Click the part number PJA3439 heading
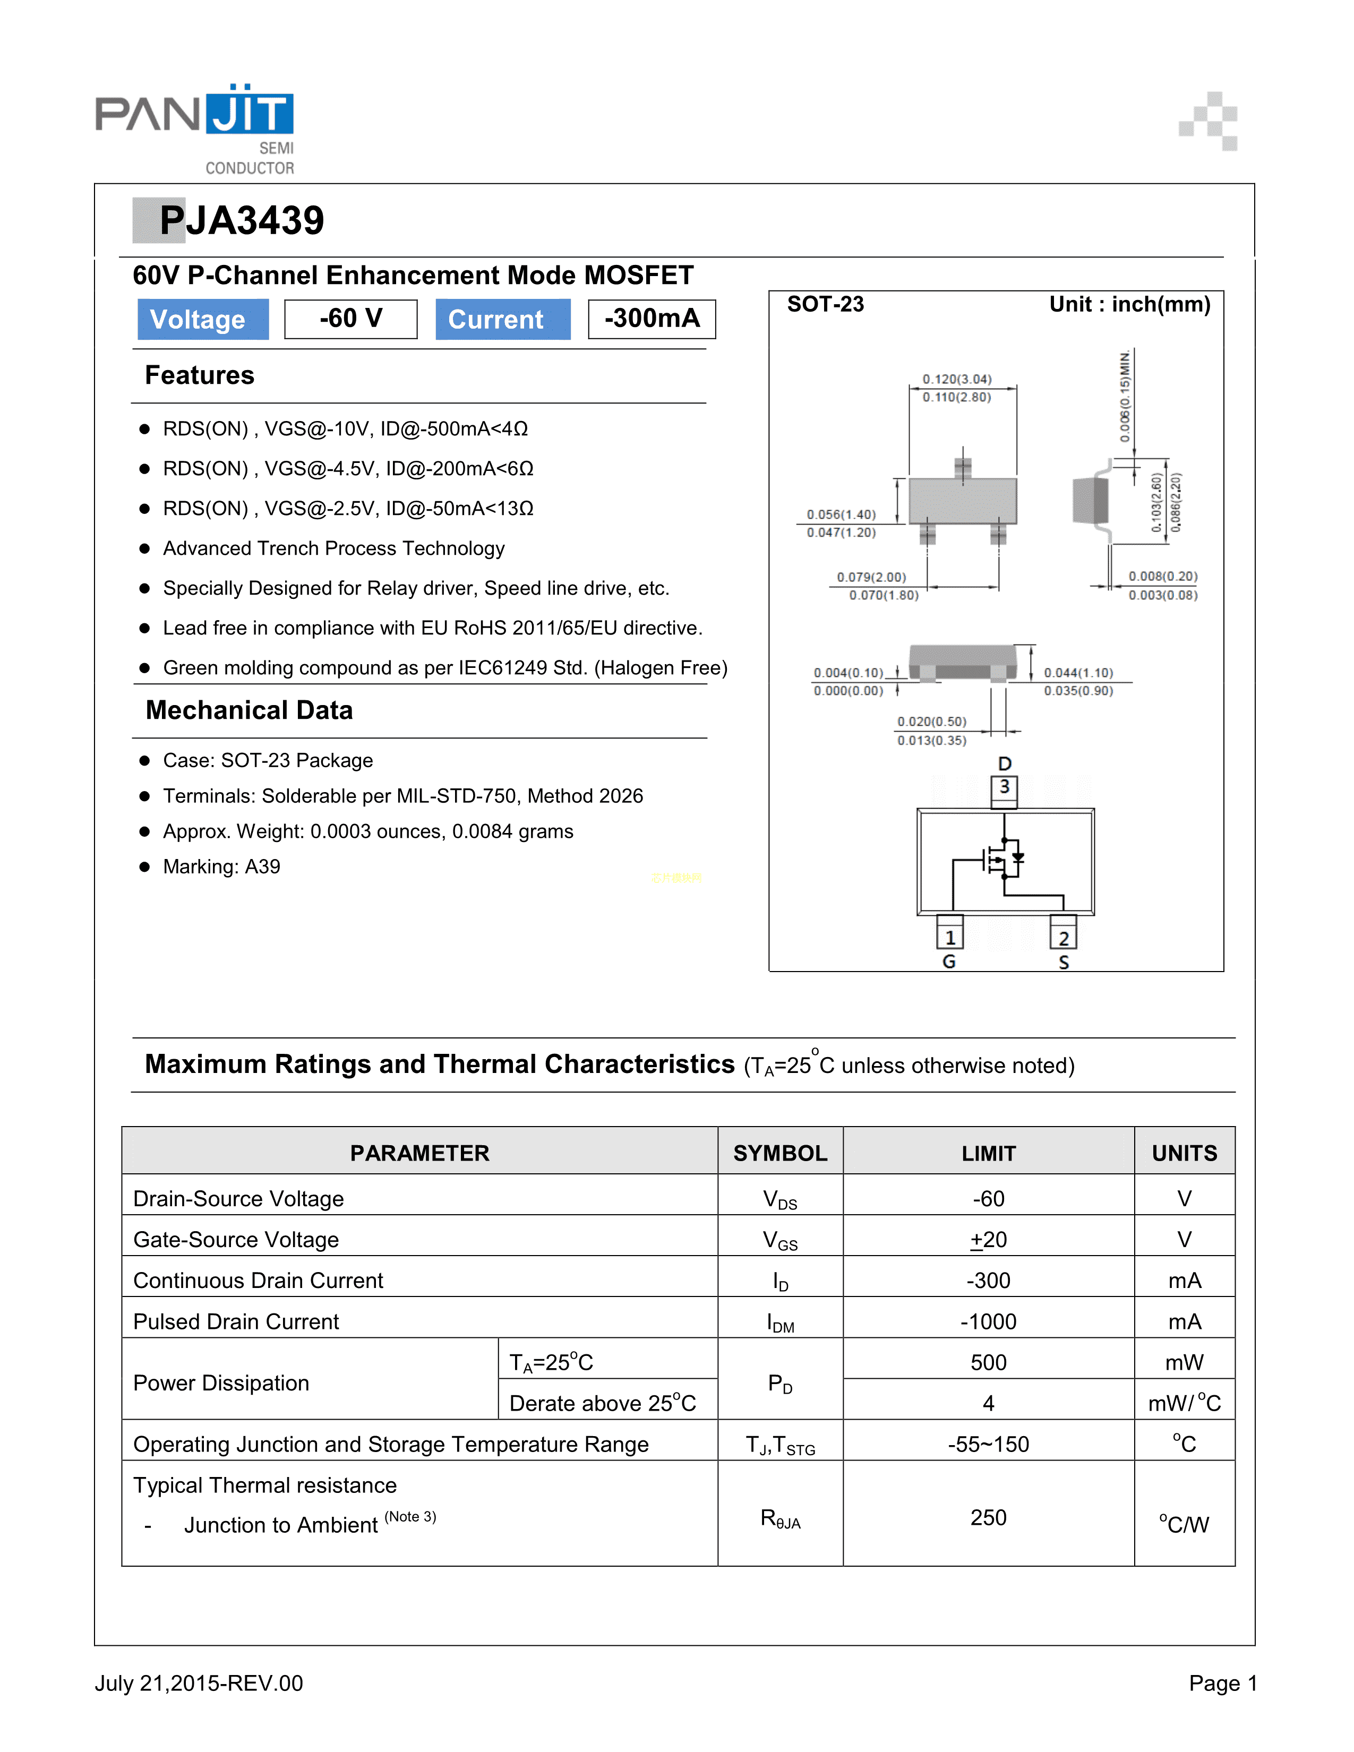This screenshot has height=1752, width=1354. coord(241,221)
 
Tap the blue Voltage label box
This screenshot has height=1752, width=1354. coord(203,319)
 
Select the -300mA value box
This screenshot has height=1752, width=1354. coord(652,319)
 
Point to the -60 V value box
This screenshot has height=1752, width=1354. coord(350,319)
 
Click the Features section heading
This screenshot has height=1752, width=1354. coord(200,375)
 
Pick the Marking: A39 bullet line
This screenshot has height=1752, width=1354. coord(221,866)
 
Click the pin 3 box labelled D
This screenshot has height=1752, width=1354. coord(1004,788)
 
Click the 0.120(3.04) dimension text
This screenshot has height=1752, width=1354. coord(957,379)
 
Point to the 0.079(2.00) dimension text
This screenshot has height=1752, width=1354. coord(871,577)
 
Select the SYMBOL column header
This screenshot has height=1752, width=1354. coord(779,1153)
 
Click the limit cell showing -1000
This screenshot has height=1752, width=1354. coord(988,1321)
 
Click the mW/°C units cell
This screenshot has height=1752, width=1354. coord(1184,1403)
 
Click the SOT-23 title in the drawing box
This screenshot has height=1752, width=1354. coord(825,305)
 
